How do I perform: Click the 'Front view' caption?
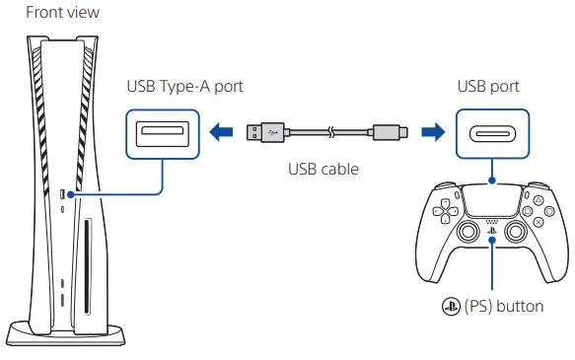62,12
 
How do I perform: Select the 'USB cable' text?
323,169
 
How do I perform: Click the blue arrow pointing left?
220,131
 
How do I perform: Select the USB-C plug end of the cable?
387,131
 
